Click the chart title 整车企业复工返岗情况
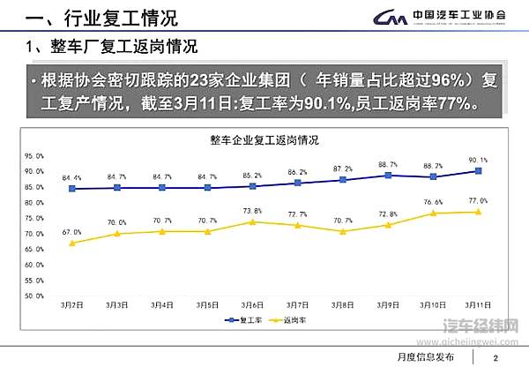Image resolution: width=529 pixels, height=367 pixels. pyautogui.click(x=264, y=140)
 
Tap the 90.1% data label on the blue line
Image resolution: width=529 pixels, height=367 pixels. pyautogui.click(x=478, y=160)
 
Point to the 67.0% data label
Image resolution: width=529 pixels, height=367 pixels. pyautogui.click(x=72, y=232)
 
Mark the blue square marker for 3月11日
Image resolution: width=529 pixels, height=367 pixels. pyautogui.click(x=479, y=170)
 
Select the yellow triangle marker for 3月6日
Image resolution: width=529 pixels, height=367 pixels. pyautogui.click(x=253, y=221)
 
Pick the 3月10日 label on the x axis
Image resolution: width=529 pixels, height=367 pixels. pyautogui.click(x=433, y=304)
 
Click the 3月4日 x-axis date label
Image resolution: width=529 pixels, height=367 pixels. pyautogui.click(x=162, y=304)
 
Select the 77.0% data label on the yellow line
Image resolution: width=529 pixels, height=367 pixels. pyautogui.click(x=478, y=201)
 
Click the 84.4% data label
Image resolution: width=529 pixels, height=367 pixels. pyautogui.click(x=72, y=177)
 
